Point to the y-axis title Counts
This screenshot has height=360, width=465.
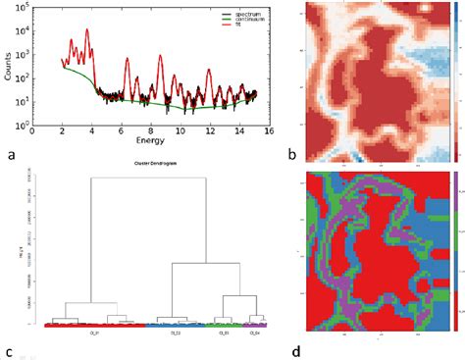9,70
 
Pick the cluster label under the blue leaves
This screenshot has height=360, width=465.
178,332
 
